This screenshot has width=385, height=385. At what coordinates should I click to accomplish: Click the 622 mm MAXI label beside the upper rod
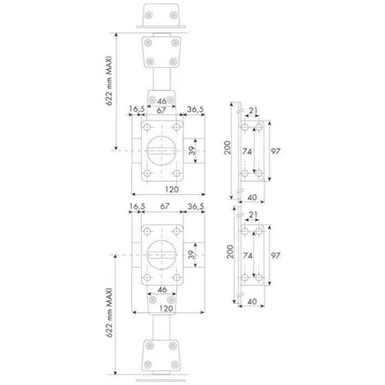tap(109, 80)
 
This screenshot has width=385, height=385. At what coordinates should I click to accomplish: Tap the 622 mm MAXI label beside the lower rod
tap(109, 312)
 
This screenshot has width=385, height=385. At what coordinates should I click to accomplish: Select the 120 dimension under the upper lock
tap(172, 189)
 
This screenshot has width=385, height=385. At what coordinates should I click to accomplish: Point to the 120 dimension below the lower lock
tap(166, 309)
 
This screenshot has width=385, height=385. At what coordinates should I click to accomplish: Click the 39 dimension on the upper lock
tap(192, 151)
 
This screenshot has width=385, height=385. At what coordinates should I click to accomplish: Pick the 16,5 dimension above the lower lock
tap(137, 206)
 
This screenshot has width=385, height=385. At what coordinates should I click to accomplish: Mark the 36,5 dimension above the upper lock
tap(196, 110)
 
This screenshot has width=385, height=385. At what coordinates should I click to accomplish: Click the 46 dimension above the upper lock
tap(162, 102)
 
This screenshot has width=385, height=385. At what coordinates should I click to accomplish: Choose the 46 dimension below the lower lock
tap(162, 289)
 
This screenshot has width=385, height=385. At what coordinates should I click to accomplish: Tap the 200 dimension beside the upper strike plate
tap(228, 147)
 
